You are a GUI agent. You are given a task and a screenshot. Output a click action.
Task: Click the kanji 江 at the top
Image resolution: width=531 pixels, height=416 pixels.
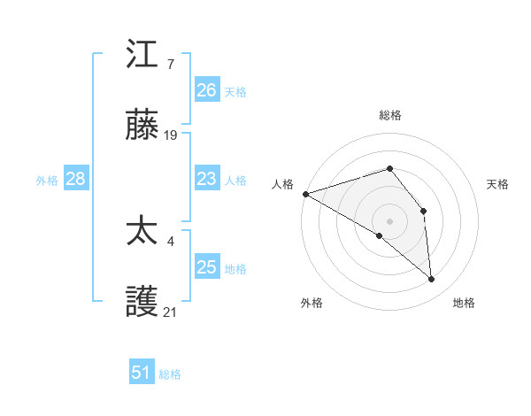(142, 55)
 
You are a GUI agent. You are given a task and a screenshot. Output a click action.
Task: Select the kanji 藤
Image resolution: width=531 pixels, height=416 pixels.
(142, 127)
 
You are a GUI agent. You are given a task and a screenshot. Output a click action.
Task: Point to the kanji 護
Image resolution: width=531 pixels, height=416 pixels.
(142, 303)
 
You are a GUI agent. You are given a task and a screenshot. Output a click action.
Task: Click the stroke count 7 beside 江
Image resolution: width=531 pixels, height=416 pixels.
(170, 64)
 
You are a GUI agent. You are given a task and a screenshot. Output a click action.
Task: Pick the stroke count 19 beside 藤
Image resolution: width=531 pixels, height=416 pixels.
(172, 135)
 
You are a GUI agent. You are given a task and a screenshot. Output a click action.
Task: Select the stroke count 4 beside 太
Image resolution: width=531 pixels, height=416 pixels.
(170, 240)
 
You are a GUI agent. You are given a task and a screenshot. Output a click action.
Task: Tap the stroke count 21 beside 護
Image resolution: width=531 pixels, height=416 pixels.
(171, 312)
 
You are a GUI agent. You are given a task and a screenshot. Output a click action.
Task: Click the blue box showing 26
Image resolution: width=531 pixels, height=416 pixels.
(207, 90)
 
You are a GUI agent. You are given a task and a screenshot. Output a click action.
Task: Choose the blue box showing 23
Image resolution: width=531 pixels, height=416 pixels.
(207, 180)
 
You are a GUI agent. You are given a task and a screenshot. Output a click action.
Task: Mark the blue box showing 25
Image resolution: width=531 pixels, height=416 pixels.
(207, 267)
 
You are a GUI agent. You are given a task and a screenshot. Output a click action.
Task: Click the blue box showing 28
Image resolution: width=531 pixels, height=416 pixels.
(76, 180)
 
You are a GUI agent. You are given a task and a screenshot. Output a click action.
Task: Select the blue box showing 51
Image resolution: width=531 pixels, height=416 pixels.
(142, 373)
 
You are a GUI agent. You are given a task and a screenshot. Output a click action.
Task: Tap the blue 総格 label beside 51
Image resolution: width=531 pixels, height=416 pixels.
(170, 374)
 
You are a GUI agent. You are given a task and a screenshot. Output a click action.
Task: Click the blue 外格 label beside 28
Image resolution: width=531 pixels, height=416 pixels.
(47, 181)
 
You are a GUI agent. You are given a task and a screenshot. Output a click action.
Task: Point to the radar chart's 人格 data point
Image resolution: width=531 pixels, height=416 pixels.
(305, 194)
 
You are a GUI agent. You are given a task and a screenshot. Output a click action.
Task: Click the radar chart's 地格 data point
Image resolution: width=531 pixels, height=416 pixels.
(432, 280)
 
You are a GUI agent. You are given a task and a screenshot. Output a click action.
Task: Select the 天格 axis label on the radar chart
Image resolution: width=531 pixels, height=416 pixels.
(498, 184)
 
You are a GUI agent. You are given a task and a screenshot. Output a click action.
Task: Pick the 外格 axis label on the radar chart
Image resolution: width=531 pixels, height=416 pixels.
(312, 303)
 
